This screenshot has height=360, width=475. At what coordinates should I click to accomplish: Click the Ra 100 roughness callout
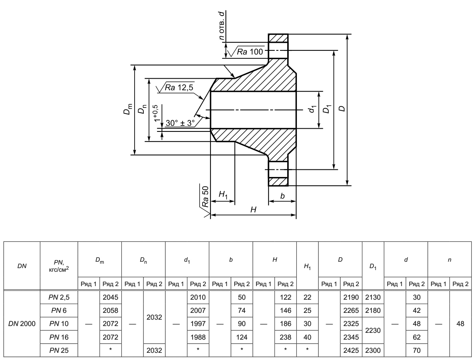tap(250, 52)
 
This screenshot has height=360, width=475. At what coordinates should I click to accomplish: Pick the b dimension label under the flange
tap(282, 197)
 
